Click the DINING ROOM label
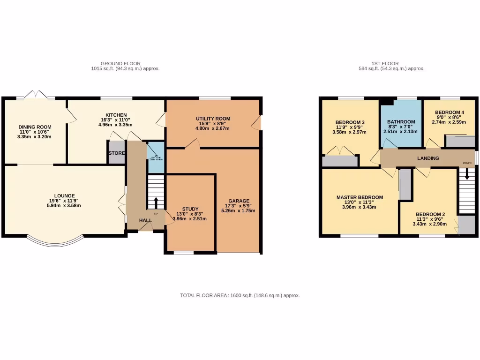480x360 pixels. click(x=35, y=127)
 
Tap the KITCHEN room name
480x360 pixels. click(x=116, y=115)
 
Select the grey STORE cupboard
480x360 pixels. click(x=116, y=154)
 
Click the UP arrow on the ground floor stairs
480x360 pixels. click(x=156, y=203)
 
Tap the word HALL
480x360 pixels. click(x=145, y=220)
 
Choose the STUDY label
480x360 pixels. click(x=190, y=209)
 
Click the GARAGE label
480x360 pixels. click(x=239, y=201)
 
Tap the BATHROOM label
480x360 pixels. click(x=401, y=122)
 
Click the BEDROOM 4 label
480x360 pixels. click(x=450, y=112)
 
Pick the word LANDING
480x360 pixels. click(x=428, y=158)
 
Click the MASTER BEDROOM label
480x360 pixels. click(x=360, y=197)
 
